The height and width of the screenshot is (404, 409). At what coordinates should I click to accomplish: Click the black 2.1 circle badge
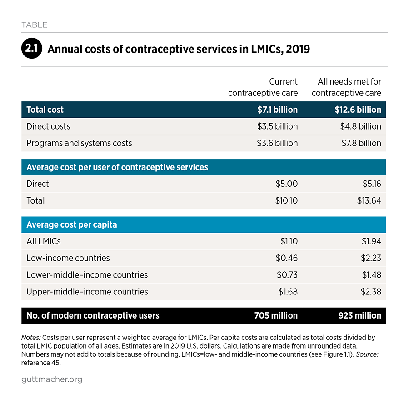tap(31, 48)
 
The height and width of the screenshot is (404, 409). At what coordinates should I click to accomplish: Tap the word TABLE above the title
tap(34, 25)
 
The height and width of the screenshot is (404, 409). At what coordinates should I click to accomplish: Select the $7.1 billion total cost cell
tap(278, 110)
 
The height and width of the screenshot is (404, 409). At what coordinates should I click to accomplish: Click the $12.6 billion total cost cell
tap(358, 110)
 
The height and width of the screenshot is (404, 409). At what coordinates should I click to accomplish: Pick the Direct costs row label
tap(48, 126)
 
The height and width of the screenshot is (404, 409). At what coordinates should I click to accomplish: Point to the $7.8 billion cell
tap(361, 143)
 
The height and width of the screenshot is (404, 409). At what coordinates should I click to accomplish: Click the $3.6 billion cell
tap(277, 143)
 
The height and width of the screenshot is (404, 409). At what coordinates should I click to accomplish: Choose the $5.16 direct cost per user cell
tap(372, 184)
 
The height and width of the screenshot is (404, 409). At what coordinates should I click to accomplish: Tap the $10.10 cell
tap(286, 200)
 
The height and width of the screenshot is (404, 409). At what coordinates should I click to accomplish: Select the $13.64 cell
tap(369, 200)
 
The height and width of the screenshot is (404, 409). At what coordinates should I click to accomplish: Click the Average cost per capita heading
tap(72, 224)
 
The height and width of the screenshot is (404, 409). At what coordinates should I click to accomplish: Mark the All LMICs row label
tap(44, 241)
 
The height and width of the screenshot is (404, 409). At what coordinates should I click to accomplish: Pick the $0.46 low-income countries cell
tap(287, 258)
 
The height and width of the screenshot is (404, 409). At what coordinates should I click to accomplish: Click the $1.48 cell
tap(371, 275)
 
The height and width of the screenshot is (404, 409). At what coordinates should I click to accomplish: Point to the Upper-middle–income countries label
tap(87, 292)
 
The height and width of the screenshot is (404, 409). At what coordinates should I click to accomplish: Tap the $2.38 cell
tap(371, 292)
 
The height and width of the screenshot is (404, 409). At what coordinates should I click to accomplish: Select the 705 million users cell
tap(276, 315)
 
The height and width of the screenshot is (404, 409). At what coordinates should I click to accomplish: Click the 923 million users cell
tap(360, 315)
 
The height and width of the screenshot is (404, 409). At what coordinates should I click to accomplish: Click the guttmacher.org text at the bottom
tap(52, 379)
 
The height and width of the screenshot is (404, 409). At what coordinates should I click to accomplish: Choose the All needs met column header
tap(346, 87)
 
